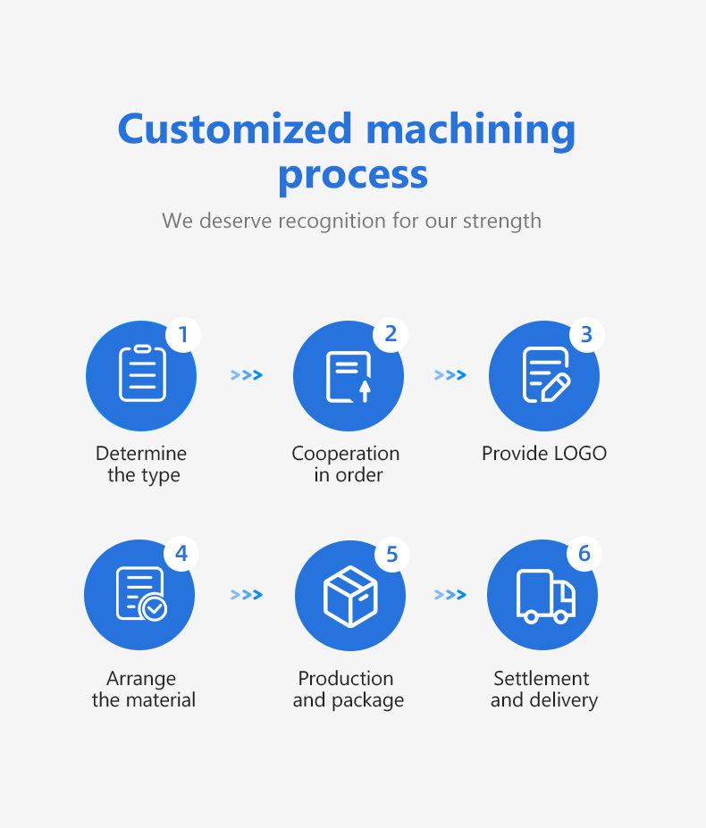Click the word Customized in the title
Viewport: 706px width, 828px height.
click(236, 129)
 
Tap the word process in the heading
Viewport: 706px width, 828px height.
click(352, 173)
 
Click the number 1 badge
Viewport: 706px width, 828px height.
click(183, 335)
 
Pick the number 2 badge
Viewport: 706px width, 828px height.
click(391, 334)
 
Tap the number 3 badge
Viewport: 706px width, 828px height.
click(586, 335)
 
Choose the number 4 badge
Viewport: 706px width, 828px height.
click(181, 554)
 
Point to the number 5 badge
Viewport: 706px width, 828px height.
click(391, 555)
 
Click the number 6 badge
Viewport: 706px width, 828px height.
click(584, 554)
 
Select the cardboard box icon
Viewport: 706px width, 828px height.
click(350, 596)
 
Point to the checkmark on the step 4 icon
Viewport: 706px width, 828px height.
click(155, 608)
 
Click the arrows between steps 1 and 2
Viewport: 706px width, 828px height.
click(247, 375)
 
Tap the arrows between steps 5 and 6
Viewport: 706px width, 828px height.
click(450, 595)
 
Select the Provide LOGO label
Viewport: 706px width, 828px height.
click(543, 454)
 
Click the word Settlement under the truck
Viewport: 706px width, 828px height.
click(542, 679)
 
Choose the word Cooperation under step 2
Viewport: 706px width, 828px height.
click(345, 454)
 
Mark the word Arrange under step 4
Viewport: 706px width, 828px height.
click(141, 679)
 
